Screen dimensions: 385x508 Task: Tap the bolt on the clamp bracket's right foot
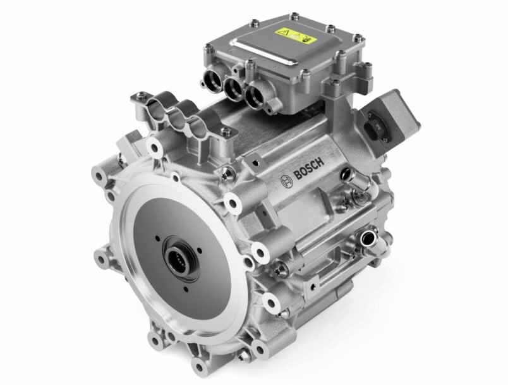[x=225, y=131]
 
